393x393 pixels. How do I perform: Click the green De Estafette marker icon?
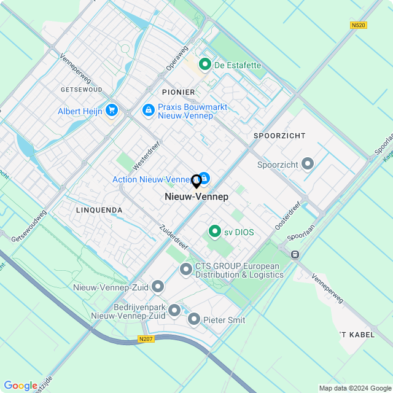tap(204, 64)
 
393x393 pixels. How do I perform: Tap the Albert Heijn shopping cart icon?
tap(112, 111)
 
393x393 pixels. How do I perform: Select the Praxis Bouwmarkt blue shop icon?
tap(148, 111)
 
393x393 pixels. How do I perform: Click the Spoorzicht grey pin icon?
tap(308, 164)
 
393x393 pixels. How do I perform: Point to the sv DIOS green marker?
tap(214, 232)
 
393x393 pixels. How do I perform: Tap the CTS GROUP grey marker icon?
tap(186, 270)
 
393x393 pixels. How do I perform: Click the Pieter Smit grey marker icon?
tap(194, 319)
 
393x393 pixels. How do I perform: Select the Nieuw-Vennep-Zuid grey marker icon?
tap(158, 287)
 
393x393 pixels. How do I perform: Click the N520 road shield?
tap(359, 25)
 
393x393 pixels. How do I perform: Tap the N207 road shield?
tap(146, 339)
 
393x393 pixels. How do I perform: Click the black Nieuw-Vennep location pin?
tap(196, 182)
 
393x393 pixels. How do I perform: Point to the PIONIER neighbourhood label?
tap(179, 92)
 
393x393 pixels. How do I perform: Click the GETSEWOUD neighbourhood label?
tap(82, 89)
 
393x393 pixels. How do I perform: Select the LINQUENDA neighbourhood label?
tap(99, 210)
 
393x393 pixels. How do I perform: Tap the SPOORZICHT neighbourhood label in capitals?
tap(279, 135)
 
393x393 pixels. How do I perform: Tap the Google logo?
tap(20, 386)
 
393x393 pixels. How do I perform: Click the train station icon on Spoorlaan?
tap(295, 254)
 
